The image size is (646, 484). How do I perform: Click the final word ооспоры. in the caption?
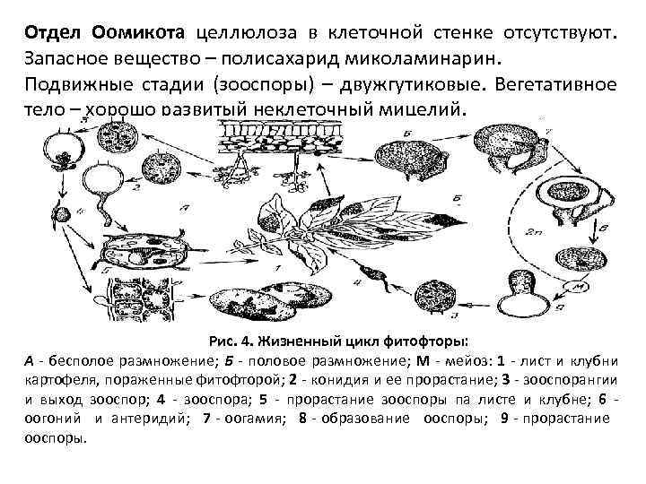point(57,438)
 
